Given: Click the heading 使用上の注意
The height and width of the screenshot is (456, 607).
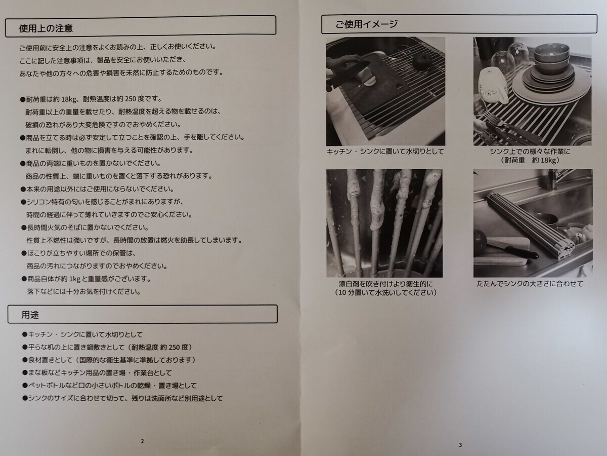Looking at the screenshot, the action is tap(46, 28).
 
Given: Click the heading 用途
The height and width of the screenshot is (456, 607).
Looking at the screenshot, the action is tap(30, 315).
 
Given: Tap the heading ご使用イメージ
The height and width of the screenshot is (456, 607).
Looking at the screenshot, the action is tap(366, 24).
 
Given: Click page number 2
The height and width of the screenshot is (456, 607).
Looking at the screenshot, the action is tap(143, 441).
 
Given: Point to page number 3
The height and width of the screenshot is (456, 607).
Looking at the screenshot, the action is tap(460, 445).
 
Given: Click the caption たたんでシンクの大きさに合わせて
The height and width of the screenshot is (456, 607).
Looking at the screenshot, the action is tap(530, 284).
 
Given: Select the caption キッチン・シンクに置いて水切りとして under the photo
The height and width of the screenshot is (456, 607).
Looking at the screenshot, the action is tap(385, 151).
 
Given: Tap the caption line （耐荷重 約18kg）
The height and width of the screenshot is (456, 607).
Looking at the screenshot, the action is tap(530, 160).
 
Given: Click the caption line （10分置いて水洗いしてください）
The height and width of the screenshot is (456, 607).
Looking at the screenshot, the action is tap(385, 293).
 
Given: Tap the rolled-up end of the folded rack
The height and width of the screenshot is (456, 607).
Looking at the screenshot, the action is tap(565, 250).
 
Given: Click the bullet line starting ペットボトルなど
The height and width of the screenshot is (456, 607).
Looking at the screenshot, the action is tap(109, 386).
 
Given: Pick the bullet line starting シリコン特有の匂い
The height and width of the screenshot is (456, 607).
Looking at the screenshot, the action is tap(102, 202).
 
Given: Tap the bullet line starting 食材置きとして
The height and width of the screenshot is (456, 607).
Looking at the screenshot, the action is tap(109, 360).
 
